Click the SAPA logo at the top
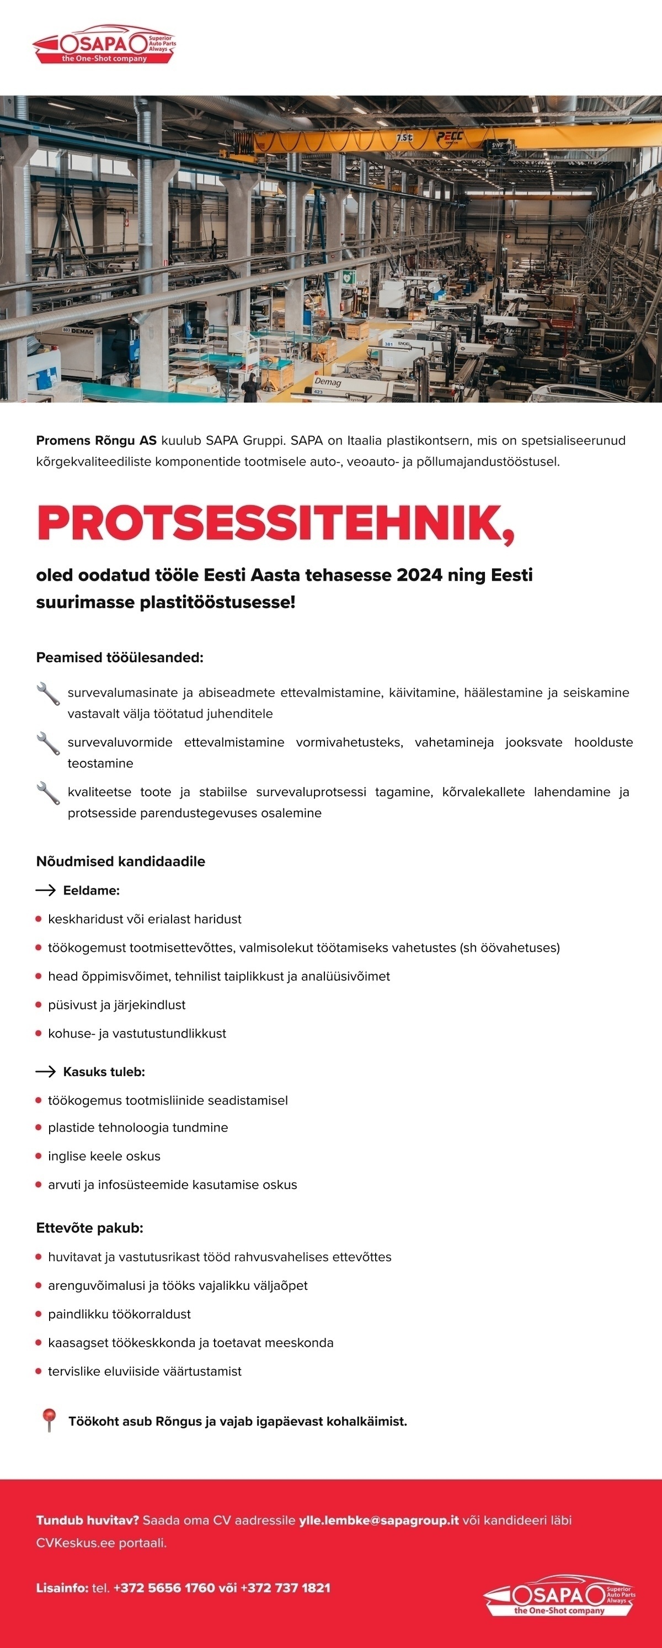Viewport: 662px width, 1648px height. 104,44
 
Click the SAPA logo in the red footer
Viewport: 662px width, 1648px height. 559,1595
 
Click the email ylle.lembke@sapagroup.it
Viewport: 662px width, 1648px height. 378,1520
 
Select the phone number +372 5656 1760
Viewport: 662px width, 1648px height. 164,1587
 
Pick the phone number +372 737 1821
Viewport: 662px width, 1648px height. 285,1587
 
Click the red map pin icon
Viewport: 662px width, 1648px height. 49,1420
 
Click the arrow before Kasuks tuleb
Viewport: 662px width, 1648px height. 45,1072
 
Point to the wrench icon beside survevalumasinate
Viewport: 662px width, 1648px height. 49,694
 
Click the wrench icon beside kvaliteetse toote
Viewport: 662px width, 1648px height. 49,793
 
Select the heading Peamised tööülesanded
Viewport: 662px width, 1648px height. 120,658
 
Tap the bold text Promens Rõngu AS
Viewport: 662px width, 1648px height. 96,440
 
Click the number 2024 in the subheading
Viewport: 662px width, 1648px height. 420,575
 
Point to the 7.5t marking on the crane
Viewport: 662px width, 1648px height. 405,137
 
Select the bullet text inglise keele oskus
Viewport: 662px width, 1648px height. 104,1156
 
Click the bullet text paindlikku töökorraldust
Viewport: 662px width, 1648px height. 120,1314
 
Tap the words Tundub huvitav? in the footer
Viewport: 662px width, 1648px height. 88,1520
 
